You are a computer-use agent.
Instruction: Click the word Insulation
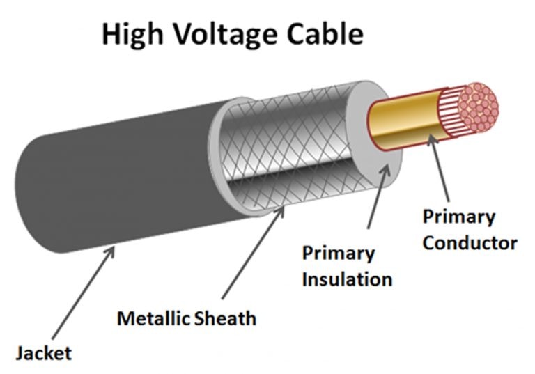click(x=346, y=279)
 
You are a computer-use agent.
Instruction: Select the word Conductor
click(x=470, y=243)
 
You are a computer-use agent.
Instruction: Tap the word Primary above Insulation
click(x=338, y=254)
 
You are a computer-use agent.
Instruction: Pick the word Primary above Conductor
click(x=458, y=217)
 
